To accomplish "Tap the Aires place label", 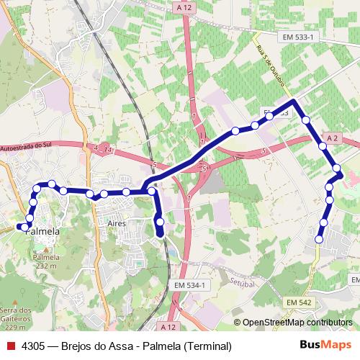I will pyautogui.click(x=117, y=225).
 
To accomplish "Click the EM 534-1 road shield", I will pyautogui.click(x=190, y=286).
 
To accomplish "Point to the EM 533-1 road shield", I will pyautogui.click(x=295, y=35).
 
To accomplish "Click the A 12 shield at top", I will pyautogui.click(x=184, y=6).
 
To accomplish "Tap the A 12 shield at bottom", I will pyautogui.click(x=168, y=326).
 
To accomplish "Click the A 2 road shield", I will pyautogui.click(x=331, y=137).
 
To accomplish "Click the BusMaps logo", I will pyautogui.click(x=325, y=346).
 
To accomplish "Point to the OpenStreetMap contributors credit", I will pyautogui.click(x=297, y=323).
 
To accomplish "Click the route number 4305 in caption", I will pyautogui.click(x=36, y=346).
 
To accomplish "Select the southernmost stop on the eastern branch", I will pyautogui.click(x=318, y=238).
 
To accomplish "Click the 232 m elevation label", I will pyautogui.click(x=45, y=266).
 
